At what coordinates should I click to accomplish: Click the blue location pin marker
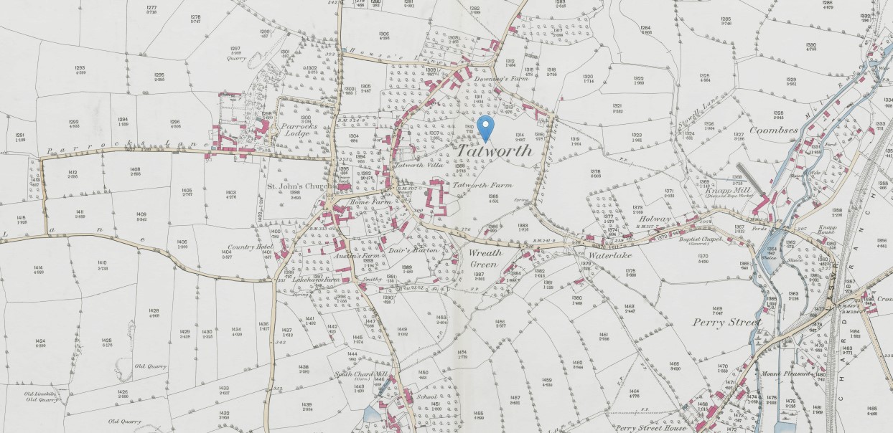pyautogui.click(x=487, y=127)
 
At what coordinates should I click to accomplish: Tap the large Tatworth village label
pyautogui.click(x=495, y=151)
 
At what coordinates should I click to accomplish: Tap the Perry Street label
pyautogui.click(x=726, y=323)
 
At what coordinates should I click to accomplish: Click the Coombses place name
pyautogui.click(x=774, y=130)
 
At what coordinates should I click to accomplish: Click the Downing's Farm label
pyautogui.click(x=509, y=77)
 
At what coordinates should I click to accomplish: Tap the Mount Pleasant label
pyautogui.click(x=785, y=373)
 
